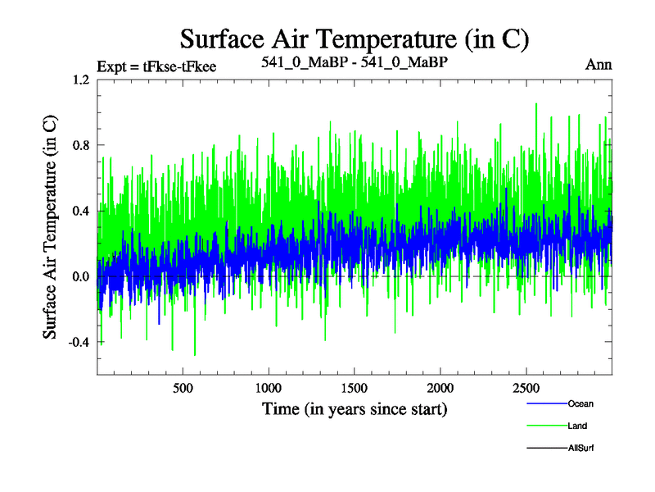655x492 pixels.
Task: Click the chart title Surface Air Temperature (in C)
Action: point(354,38)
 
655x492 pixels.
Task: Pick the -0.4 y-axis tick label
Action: point(78,342)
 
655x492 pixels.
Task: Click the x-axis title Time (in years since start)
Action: point(355,408)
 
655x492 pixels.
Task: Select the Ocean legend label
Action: point(580,403)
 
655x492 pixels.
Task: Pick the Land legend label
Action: point(577,426)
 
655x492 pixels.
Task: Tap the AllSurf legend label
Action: point(580,448)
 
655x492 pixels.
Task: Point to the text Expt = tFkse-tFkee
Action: point(156,66)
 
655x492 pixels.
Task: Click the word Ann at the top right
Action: point(599,64)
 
